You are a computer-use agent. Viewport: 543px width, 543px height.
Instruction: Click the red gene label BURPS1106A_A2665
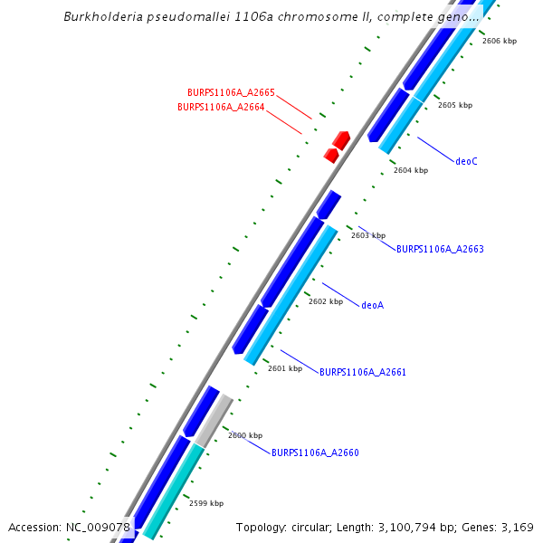tap(231, 92)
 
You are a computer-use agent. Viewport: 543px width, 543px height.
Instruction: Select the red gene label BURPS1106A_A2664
tap(221, 107)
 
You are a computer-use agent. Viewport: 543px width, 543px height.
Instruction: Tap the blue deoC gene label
tap(466, 161)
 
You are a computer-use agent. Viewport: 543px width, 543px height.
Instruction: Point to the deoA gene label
tap(372, 305)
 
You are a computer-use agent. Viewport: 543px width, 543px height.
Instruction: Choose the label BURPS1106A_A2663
tap(440, 249)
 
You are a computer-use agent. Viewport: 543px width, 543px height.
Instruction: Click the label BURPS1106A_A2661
tap(363, 372)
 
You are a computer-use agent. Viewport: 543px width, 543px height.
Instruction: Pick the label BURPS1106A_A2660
tap(315, 452)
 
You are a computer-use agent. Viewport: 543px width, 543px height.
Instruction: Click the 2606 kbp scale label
tap(500, 41)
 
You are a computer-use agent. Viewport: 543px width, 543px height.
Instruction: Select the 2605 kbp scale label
tap(455, 105)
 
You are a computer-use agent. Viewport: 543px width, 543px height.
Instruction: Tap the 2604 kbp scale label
tap(411, 170)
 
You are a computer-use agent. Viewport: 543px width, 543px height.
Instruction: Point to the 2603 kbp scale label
tap(368, 235)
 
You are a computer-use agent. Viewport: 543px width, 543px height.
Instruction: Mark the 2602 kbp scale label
tap(326, 301)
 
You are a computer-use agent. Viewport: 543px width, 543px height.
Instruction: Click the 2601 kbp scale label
tap(285, 368)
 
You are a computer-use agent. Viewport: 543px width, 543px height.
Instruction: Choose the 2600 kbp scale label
tap(245, 435)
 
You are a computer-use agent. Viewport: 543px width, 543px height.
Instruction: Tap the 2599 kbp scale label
tap(206, 503)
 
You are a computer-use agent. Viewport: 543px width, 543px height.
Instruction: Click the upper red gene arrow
tap(341, 139)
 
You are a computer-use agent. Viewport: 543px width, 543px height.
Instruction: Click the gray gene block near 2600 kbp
tap(215, 421)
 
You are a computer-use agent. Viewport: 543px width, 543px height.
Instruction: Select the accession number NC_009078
tap(99, 527)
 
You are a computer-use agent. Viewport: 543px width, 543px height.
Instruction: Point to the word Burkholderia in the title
tap(102, 17)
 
